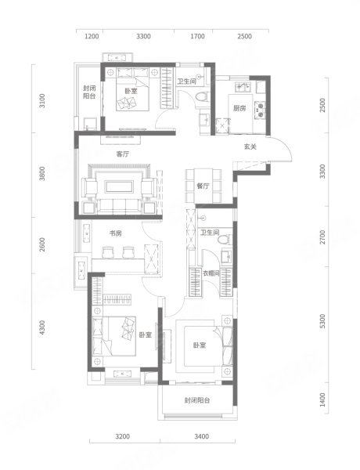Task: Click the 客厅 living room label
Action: (123, 154)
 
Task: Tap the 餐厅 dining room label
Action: (203, 186)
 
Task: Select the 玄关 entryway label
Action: (250, 147)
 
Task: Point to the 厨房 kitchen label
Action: (239, 108)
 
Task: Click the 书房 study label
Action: (115, 233)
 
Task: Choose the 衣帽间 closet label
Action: (211, 273)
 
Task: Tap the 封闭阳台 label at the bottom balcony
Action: (197, 400)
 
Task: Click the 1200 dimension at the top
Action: (92, 36)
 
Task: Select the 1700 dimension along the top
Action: (198, 36)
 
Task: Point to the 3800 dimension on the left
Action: (42, 174)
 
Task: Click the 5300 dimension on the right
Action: (322, 321)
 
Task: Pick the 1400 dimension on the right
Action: (322, 399)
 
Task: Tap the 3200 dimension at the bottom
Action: (123, 436)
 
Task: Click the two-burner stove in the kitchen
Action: (260, 110)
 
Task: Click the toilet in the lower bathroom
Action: (225, 240)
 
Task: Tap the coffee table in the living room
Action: (119, 186)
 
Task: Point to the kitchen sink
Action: (243, 86)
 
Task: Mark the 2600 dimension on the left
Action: (42, 244)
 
